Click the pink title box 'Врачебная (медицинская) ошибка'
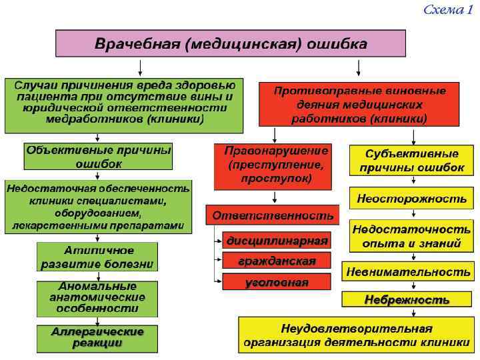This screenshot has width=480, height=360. pos(230,43)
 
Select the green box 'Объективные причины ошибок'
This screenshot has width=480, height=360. pos(99,157)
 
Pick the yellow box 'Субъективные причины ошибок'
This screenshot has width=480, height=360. pos(411,161)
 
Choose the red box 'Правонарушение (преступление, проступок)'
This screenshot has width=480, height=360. pos(277,165)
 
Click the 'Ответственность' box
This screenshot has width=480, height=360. pos(272,215)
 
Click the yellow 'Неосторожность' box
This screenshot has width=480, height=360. pos(411,198)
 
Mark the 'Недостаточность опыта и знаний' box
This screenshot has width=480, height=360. pos(411,236)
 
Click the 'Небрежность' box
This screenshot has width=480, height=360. pos(407,300)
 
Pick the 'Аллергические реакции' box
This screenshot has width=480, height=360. pos(97,338)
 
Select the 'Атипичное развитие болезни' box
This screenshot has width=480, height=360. pos(99,257)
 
